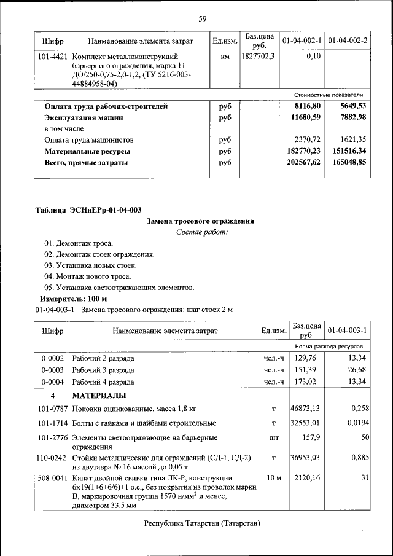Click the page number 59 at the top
tap(202, 18)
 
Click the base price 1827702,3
tap(258, 57)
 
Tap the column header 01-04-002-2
tap(348, 41)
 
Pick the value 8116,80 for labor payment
tap(308, 106)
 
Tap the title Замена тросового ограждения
tap(201, 221)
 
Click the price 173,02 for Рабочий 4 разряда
tap(305, 381)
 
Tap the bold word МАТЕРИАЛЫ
tap(99, 395)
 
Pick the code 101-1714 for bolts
tap(52, 423)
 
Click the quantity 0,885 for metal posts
tap(359, 458)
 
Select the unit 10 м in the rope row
tap(273, 477)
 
